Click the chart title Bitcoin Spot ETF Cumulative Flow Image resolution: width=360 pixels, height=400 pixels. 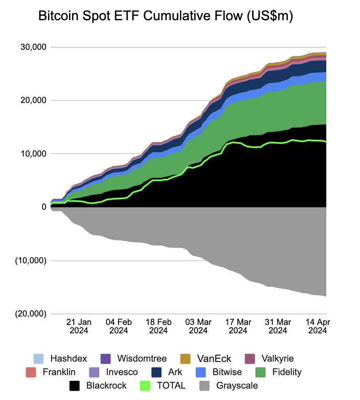[166, 16]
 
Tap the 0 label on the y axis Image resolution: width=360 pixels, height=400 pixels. [43, 207]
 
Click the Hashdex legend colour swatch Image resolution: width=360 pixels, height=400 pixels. [39, 359]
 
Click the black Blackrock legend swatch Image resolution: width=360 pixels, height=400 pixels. [75, 385]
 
